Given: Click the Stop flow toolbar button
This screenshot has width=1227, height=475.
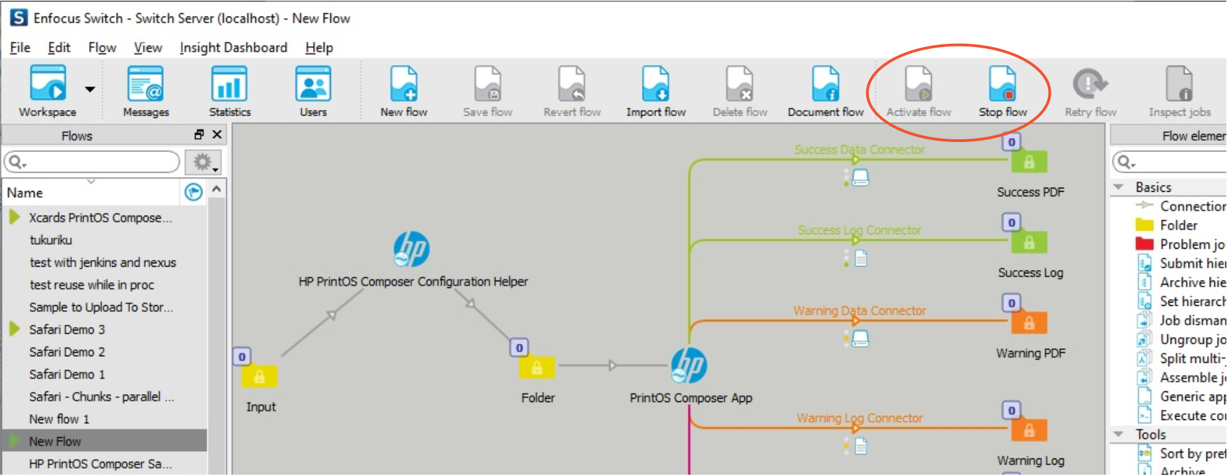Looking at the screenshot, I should click(x=1002, y=90).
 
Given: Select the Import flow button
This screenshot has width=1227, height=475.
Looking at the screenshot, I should click(x=655, y=90).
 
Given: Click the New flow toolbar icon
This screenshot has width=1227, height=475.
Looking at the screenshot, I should click(x=403, y=90).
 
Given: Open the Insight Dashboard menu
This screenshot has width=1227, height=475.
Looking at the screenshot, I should click(x=233, y=48).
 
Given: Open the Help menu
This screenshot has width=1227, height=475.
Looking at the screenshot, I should click(x=319, y=48).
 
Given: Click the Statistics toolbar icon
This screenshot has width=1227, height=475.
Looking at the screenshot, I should click(x=229, y=90).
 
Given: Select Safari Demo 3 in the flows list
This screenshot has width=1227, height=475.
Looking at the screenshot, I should click(x=67, y=330).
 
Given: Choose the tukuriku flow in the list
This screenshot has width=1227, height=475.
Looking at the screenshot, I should click(x=51, y=240).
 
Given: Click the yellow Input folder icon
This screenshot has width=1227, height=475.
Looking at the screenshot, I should click(x=259, y=376).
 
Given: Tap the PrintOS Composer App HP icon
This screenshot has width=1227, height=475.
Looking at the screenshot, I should click(x=689, y=366).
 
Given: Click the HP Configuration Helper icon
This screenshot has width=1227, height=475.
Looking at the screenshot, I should click(x=411, y=249).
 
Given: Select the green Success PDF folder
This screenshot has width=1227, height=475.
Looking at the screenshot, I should click(x=1029, y=162).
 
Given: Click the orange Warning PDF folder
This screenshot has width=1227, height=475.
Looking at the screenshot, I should click(x=1029, y=323).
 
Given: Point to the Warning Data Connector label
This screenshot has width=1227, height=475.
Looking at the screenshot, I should click(x=860, y=310).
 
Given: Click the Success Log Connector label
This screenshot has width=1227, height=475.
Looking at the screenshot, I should click(x=860, y=230).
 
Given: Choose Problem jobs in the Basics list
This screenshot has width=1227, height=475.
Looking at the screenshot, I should click(x=1191, y=244).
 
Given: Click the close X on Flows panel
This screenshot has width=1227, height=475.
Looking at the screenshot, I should click(x=217, y=135).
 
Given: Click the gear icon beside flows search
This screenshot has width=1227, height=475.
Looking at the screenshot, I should click(x=202, y=162).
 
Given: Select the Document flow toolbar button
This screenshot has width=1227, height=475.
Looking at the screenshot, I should click(x=825, y=90).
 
